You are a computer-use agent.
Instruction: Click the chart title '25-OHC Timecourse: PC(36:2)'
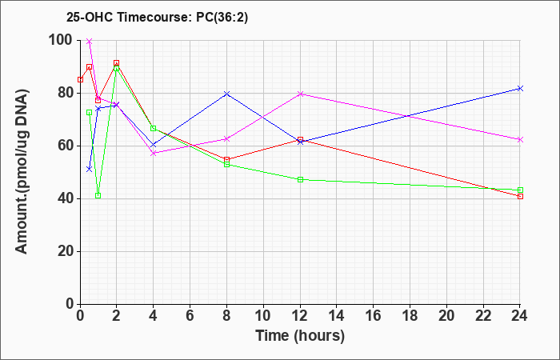pyautogui.click(x=157, y=17)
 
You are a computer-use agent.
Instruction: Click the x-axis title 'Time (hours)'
pyautogui.click(x=300, y=336)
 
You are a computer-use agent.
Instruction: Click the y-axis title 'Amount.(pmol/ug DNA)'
pyautogui.click(x=22, y=172)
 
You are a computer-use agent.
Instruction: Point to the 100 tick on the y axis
pyautogui.click(x=61, y=40)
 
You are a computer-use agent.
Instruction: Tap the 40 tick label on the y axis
pyautogui.click(x=66, y=198)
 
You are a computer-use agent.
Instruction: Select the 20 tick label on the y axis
pyautogui.click(x=66, y=251)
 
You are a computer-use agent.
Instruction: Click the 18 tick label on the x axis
pyautogui.click(x=410, y=315)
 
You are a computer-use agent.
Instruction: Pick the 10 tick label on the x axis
pyautogui.click(x=263, y=315)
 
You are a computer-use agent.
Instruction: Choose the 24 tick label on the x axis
pyautogui.click(x=520, y=315)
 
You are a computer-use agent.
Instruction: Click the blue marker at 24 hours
pyautogui.click(x=520, y=88)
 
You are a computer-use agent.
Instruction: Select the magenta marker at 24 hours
pyautogui.click(x=520, y=140)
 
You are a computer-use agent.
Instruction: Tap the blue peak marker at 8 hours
pyautogui.click(x=226, y=94)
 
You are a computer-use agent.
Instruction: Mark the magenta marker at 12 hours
pyautogui.click(x=300, y=94)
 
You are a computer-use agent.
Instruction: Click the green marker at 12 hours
pyautogui.click(x=300, y=180)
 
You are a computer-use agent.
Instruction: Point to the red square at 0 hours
pyautogui.click(x=80, y=79)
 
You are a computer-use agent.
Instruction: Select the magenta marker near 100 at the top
pyautogui.click(x=90, y=42)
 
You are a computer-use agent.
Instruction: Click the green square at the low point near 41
pyautogui.click(x=98, y=196)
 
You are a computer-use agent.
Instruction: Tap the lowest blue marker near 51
pyautogui.click(x=90, y=169)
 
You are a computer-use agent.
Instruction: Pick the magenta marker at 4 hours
pyautogui.click(x=154, y=154)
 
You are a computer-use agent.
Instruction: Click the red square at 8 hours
pyautogui.click(x=226, y=160)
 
